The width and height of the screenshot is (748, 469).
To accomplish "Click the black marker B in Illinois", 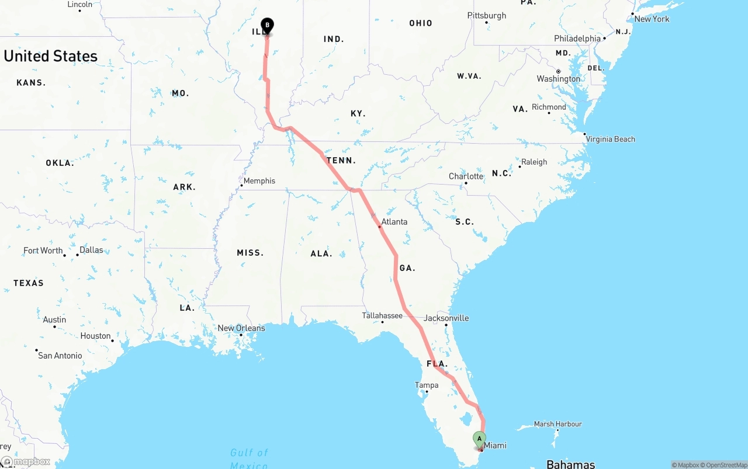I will [x=267, y=25].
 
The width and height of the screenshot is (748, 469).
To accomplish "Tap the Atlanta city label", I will [x=394, y=222].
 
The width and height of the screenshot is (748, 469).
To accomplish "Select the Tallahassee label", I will [x=382, y=315].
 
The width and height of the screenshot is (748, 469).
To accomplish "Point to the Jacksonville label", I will [x=446, y=318].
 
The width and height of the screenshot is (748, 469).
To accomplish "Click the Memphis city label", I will [x=259, y=181].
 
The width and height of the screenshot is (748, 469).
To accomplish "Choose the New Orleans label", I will [x=241, y=328].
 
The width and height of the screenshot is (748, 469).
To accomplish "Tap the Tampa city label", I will [x=427, y=385].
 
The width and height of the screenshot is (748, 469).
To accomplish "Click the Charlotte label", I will [x=466, y=176].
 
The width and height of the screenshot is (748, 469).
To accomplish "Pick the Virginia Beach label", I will [x=610, y=139].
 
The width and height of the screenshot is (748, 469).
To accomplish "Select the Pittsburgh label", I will [x=487, y=16].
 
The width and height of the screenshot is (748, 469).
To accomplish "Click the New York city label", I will [x=652, y=19].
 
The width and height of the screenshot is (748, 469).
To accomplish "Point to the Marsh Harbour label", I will [x=557, y=424].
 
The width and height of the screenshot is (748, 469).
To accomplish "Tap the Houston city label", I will [x=96, y=336].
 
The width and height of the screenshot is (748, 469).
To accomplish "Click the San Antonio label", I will [x=60, y=355].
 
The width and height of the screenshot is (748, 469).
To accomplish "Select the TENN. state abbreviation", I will [x=341, y=161].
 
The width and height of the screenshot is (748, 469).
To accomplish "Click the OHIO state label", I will [x=421, y=23].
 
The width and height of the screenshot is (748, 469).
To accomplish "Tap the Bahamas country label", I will [x=570, y=464].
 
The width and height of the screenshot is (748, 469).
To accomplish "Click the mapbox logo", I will [x=26, y=462].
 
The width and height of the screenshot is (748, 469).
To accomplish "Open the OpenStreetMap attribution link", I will [x=726, y=465].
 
